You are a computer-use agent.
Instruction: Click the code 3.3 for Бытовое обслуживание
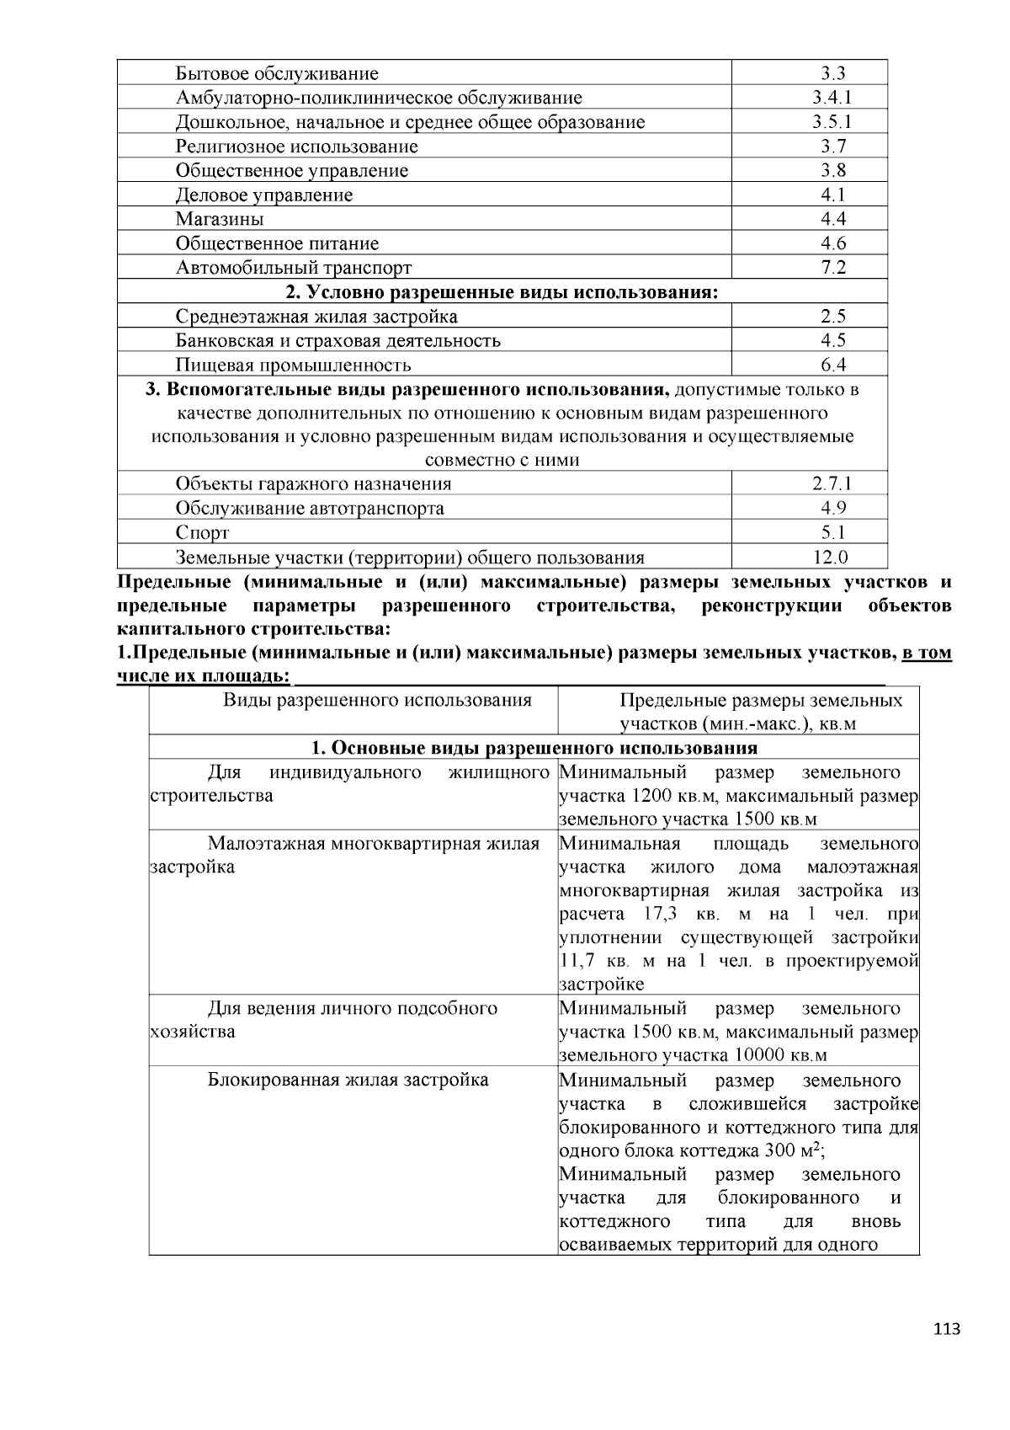coord(832,73)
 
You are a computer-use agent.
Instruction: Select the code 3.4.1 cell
coord(832,98)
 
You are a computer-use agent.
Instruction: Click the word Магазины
coord(220,219)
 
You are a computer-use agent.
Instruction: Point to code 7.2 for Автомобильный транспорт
coord(832,268)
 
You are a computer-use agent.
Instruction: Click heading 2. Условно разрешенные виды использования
coord(502,292)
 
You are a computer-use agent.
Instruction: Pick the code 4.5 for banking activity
coord(832,340)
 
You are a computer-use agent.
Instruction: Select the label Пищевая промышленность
coord(293,365)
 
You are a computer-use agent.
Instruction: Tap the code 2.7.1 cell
coord(832,483)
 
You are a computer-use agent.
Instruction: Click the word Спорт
coord(202,532)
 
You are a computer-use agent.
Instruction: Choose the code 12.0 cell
coord(832,557)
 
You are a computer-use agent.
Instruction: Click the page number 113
coord(946,1330)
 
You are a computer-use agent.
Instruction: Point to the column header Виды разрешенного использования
coord(377,700)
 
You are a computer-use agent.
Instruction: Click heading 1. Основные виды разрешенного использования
coord(534,748)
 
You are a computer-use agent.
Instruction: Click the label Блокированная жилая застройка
coord(348,1080)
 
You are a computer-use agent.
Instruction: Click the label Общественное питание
coord(277,243)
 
